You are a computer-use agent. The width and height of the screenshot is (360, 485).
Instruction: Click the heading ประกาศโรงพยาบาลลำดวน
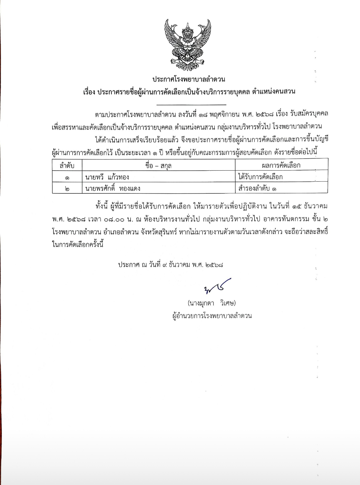189,79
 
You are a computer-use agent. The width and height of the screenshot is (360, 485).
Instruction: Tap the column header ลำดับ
67,165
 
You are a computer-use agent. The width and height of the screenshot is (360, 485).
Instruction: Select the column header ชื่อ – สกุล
158,165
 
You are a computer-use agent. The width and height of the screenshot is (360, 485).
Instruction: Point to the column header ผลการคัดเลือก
281,165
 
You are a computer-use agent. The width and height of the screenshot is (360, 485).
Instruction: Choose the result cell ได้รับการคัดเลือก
260,177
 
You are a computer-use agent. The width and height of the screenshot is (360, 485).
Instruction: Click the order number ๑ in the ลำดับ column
67,178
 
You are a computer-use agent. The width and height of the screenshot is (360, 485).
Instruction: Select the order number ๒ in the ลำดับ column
67,189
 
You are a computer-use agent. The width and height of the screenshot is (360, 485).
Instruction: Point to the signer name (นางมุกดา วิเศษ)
211,303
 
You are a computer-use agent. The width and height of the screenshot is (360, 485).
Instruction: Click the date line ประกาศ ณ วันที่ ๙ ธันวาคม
171,265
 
